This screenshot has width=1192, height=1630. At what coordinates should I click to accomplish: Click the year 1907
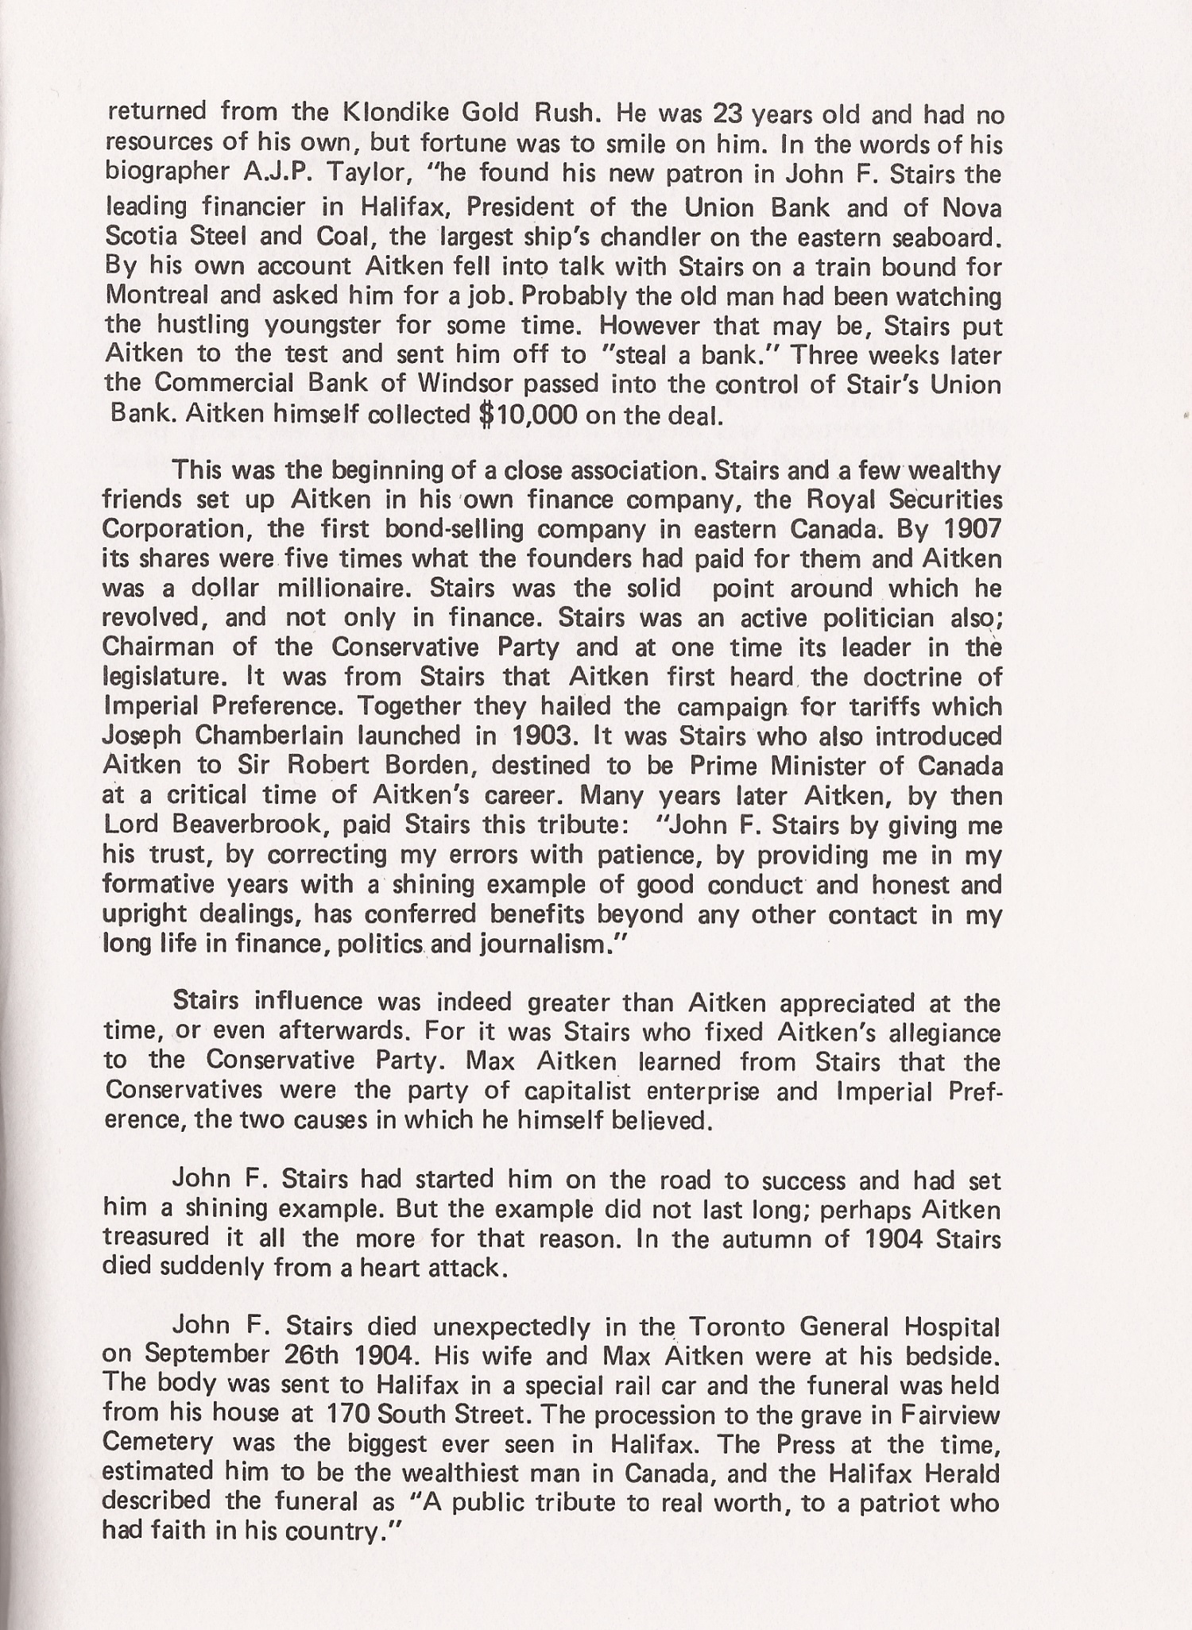coord(971,528)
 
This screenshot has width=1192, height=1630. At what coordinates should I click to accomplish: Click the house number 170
coord(347,1415)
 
